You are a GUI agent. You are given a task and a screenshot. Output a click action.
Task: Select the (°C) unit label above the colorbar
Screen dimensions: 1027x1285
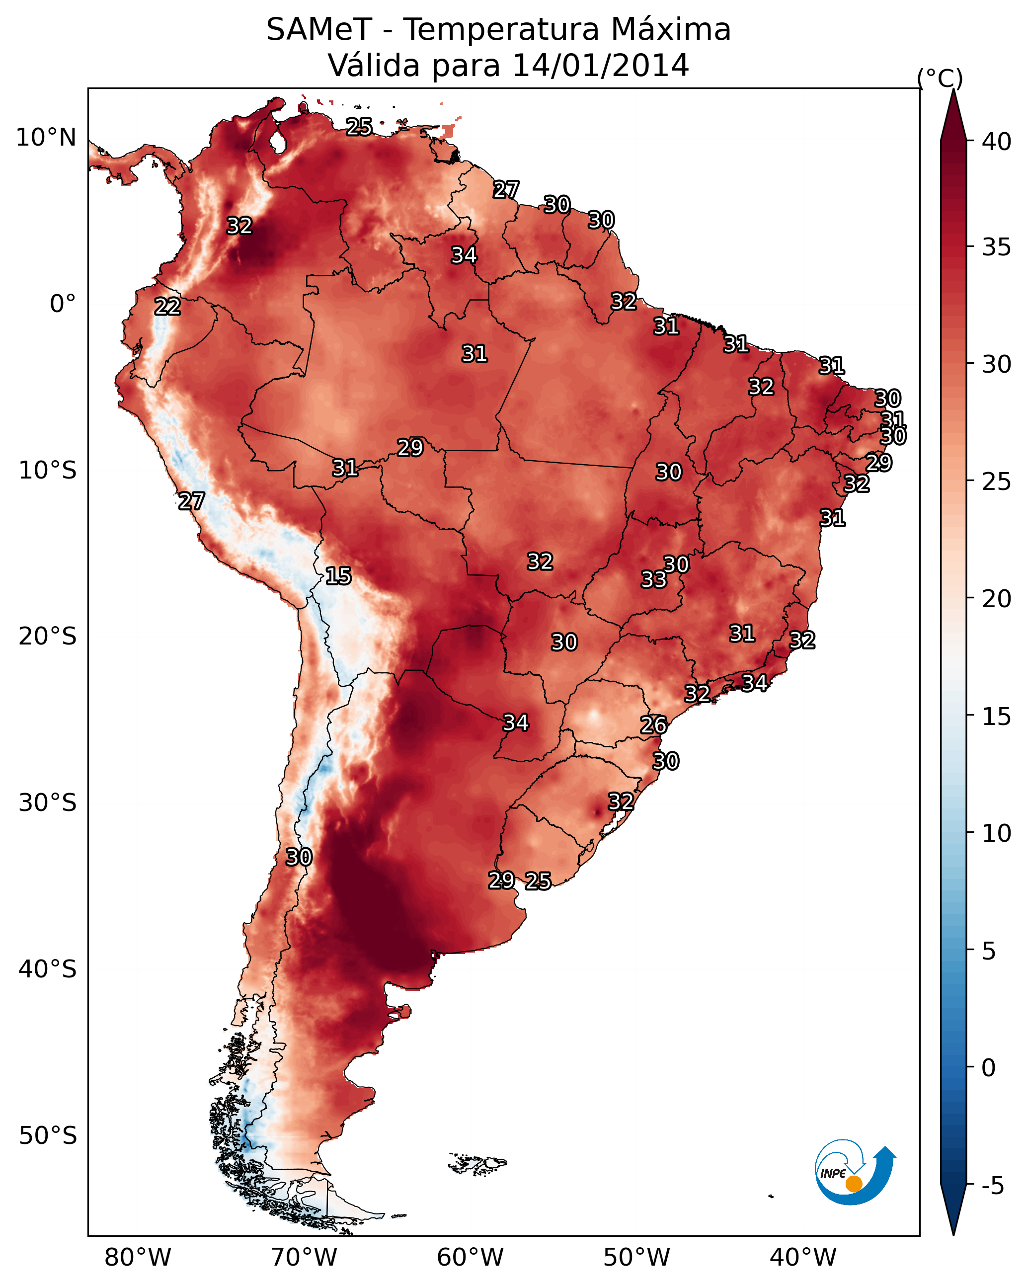click(x=940, y=78)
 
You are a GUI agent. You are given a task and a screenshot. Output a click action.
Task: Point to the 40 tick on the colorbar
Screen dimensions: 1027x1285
click(x=997, y=142)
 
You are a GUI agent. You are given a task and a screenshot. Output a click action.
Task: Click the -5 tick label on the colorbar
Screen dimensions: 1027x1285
click(x=992, y=1186)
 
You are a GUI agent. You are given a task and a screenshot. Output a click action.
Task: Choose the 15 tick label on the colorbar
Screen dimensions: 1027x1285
click(x=997, y=717)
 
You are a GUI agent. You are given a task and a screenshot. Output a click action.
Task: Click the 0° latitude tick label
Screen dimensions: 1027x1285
click(x=63, y=304)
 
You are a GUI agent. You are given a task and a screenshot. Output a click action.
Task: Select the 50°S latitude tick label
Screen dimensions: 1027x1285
click(x=48, y=1136)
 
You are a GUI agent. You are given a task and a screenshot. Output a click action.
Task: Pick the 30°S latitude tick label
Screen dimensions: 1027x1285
click(x=48, y=803)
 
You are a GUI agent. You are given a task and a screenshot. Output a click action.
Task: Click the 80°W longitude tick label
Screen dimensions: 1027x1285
click(x=138, y=1258)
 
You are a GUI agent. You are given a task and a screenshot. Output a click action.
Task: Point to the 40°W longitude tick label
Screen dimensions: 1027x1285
click(x=803, y=1258)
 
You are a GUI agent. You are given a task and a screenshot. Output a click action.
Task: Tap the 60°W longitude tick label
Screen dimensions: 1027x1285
click(x=471, y=1258)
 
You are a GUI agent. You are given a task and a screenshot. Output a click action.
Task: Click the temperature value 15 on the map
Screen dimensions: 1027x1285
click(x=338, y=576)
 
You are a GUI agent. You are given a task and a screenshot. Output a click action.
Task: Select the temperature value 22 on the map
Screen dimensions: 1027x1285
click(x=167, y=307)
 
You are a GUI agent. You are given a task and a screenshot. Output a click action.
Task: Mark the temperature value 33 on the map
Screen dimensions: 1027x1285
click(x=654, y=579)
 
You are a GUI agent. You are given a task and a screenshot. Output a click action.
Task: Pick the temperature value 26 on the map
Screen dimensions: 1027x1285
click(x=654, y=725)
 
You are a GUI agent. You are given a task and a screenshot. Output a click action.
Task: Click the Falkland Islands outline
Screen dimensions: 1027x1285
click(x=477, y=1163)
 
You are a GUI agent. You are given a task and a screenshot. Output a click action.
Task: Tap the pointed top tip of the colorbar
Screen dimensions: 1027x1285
click(x=953, y=89)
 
